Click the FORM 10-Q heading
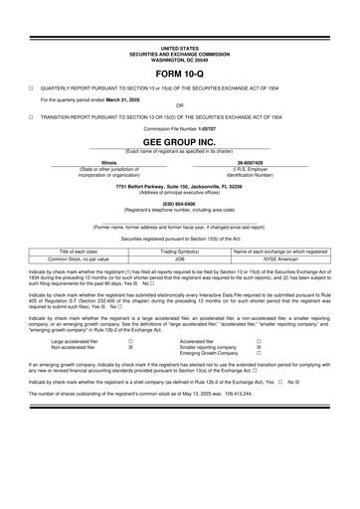coord(179,74)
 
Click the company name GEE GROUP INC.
coord(179,142)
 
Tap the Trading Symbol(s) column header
coord(180,252)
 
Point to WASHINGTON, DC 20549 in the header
coord(179,58)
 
